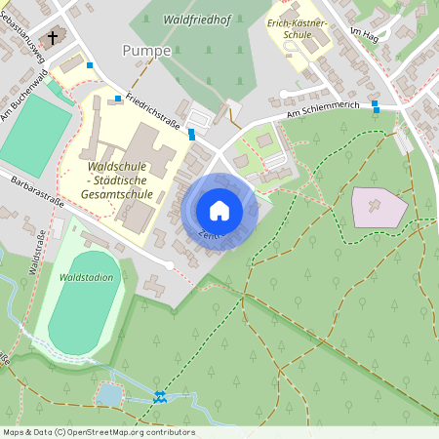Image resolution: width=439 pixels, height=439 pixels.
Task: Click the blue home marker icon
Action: [219, 211]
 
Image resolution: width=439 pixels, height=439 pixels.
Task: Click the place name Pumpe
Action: [147, 50]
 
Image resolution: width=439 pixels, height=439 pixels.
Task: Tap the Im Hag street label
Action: [364, 38]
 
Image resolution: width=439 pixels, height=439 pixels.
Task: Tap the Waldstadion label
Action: [86, 278]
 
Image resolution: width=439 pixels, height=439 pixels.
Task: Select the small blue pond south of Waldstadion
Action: [109, 394]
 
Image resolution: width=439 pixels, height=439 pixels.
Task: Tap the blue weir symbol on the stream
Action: [160, 396]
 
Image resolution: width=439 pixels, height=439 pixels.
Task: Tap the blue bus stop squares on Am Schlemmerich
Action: [375, 105]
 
